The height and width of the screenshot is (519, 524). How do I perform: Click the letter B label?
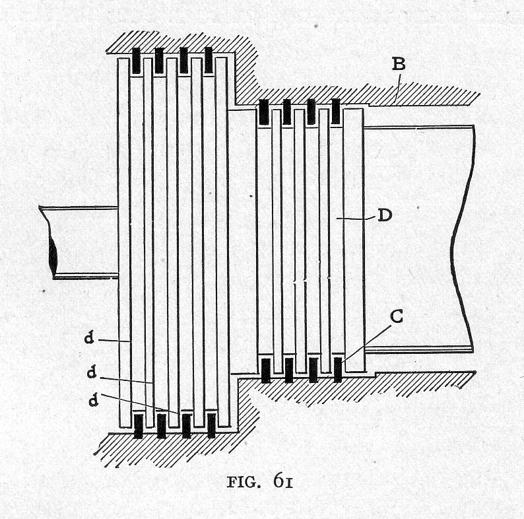pos(398,65)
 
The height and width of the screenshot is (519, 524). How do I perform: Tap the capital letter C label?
pos(397,317)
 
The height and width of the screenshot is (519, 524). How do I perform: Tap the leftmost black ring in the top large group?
pos(136,61)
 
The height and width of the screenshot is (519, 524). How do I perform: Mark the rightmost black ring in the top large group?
pos(209,61)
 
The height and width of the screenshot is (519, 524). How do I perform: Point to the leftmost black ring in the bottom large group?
pos(138,426)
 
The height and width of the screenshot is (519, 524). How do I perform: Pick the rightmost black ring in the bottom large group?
pos(211,426)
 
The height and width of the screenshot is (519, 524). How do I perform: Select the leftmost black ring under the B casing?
pos(263,112)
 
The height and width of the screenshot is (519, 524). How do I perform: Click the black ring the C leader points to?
pos(338,370)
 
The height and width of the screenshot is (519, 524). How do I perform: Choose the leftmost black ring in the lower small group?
pos(266,370)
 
